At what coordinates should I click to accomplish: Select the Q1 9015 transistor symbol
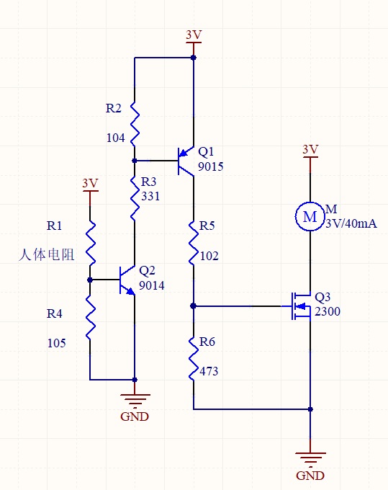[186, 161]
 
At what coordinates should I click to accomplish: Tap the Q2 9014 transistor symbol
[127, 280]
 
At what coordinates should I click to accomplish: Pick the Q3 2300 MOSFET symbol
[301, 306]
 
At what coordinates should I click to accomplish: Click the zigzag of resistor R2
[135, 124]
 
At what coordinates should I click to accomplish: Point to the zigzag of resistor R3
[135, 199]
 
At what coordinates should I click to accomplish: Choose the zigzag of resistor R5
[193, 242]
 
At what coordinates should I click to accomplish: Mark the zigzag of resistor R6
[193, 358]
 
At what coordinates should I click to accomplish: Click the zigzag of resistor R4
[90, 317]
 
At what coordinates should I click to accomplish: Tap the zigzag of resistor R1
[90, 243]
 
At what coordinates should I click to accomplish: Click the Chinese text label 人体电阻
[47, 254]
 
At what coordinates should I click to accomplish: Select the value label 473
[209, 371]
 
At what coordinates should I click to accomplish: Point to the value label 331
[150, 196]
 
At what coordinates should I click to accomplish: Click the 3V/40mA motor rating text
[351, 223]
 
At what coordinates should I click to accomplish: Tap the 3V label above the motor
[310, 149]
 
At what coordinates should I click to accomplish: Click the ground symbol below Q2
[135, 401]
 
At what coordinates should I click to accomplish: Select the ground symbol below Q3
[310, 460]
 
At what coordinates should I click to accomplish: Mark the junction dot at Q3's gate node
[193, 306]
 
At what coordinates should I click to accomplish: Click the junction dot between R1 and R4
[90, 280]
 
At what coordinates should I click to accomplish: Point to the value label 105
[56, 343]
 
